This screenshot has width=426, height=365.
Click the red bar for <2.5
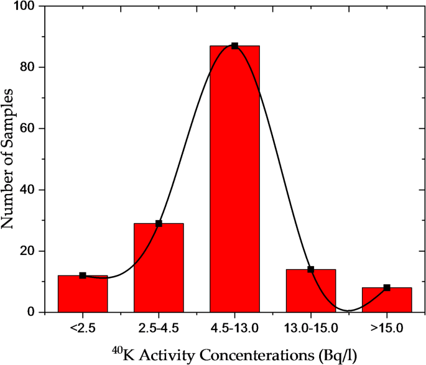point(83,293)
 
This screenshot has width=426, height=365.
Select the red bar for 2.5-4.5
point(159,267)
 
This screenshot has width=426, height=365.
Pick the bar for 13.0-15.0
point(311,290)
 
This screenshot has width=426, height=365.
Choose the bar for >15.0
point(387,300)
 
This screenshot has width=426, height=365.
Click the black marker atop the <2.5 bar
point(83,275)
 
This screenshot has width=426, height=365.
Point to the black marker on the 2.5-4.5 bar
point(159,223)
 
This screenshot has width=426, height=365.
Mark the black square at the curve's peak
point(234,46)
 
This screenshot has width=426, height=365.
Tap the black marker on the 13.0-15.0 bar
point(311,269)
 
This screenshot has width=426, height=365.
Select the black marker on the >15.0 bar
point(387,287)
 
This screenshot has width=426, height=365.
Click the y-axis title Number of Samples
point(11,159)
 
